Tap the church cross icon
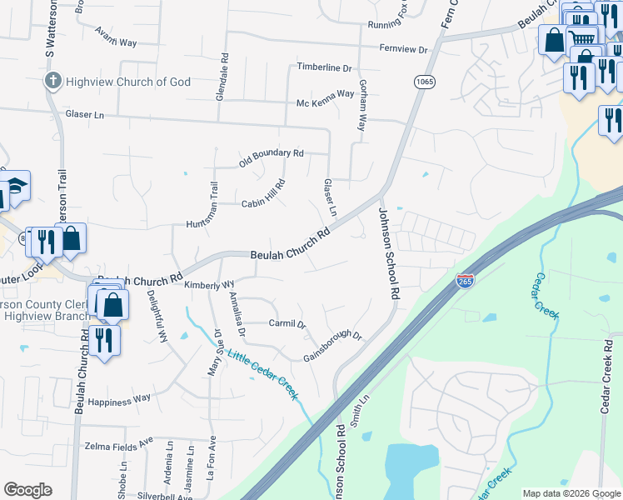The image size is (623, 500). [x=52, y=82]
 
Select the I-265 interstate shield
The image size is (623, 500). [x=466, y=282]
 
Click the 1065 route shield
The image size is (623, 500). [x=424, y=81]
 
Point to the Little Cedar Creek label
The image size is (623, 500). [x=262, y=369]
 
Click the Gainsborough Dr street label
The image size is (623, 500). [x=332, y=342]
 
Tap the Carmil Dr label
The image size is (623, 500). [x=287, y=323]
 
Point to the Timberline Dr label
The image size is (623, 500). [x=325, y=67]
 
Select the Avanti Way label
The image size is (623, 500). [x=92, y=40]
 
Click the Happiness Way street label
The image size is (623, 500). [x=120, y=398]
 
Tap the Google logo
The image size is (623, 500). [x=27, y=490]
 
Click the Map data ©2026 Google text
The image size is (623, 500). [x=570, y=493]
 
